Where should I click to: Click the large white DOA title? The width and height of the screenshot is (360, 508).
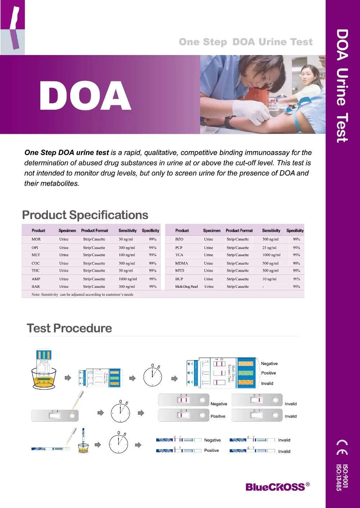(85, 96)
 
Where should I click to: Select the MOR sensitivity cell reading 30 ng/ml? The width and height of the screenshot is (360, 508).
(126, 239)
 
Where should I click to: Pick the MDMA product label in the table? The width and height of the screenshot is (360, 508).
(181, 263)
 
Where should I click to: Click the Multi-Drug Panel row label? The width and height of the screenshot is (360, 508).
(186, 287)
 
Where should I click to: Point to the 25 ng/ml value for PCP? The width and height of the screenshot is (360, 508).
(269, 248)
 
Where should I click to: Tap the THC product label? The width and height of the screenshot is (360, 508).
(36, 271)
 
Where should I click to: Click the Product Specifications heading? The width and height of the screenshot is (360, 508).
(85, 215)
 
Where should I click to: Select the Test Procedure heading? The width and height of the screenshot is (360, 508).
(69, 328)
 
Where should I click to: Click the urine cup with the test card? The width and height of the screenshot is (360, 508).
(44, 371)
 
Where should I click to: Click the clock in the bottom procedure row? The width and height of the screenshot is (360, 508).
(118, 444)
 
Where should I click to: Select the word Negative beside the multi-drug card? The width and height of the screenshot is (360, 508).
(269, 364)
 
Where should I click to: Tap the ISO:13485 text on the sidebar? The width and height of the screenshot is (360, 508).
(338, 477)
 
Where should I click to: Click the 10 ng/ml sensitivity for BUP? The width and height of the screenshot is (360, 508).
(269, 279)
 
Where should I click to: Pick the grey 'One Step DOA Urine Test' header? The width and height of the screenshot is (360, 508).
(246, 42)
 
